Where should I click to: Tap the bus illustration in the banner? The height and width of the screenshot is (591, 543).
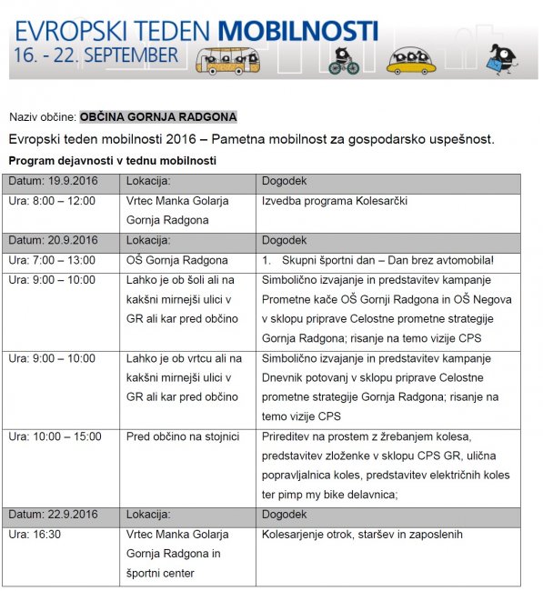click(226, 60)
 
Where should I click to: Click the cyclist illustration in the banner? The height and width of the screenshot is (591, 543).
click(344, 60)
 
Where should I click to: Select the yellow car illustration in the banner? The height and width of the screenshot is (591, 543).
click(411, 61)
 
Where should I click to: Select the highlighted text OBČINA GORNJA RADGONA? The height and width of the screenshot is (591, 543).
click(158, 117)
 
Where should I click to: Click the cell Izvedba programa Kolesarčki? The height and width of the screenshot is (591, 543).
click(334, 201)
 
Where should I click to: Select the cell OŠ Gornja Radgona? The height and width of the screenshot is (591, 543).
click(176, 260)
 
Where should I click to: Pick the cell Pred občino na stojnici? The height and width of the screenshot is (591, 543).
click(176, 436)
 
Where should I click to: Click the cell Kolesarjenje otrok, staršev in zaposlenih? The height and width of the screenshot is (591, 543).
click(362, 535)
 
